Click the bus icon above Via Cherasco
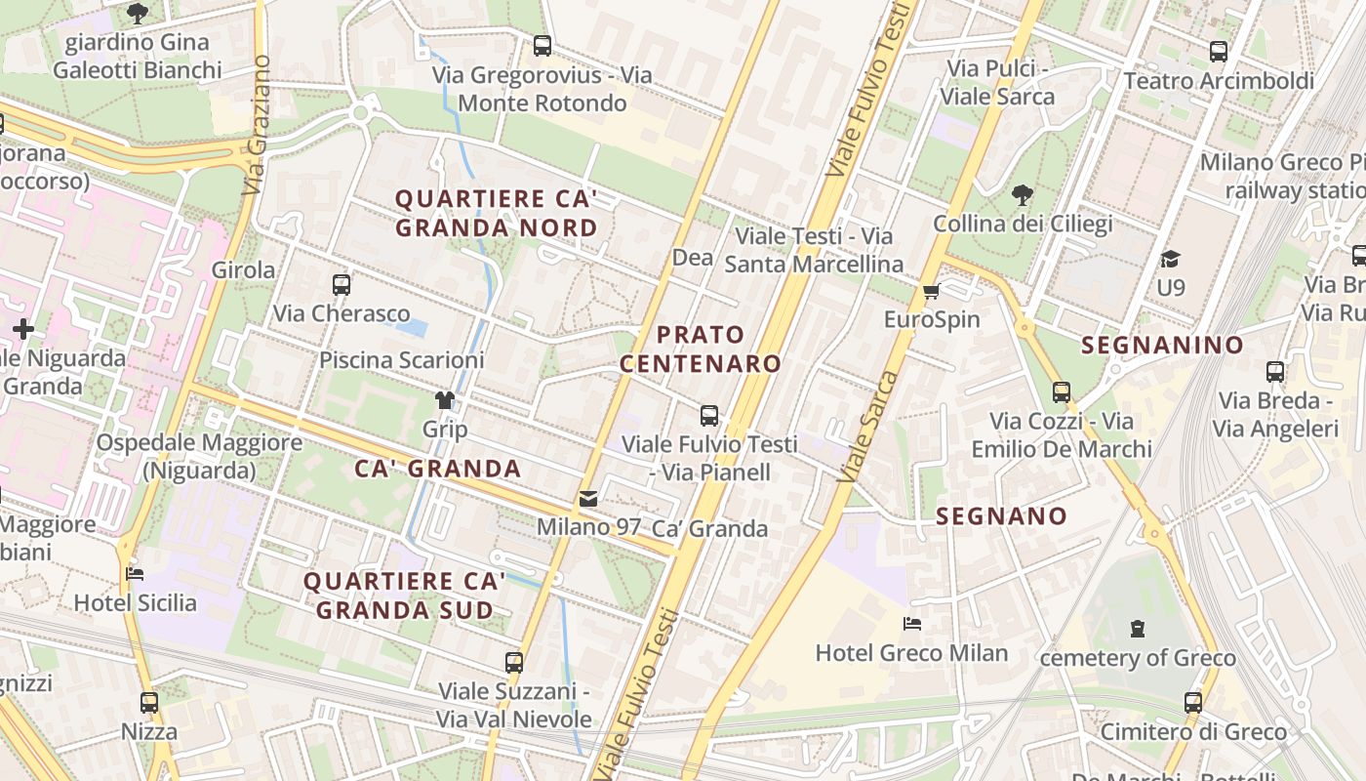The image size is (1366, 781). pos(341,285)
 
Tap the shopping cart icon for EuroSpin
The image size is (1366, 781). pos(931,291)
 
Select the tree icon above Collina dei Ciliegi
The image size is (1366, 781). pos(1023,195)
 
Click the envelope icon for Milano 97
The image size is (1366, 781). pos(588,499)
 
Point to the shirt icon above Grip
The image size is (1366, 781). pos(445,400)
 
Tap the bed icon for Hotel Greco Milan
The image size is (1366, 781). pos(911,624)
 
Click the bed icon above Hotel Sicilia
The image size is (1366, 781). pos(136,573)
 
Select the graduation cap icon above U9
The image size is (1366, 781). pos(1170,259)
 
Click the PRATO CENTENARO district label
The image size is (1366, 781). pos(701,349)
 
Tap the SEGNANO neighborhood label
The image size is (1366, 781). pos(1001,516)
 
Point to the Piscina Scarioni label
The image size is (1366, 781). pos(401,360)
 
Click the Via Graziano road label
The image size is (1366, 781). pos(257,124)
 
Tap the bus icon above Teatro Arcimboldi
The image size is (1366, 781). pos(1218,52)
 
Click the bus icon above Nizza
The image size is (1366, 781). pos(149,702)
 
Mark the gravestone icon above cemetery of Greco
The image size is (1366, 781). pos(1137,628)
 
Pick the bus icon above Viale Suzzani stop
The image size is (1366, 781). pos(514,662)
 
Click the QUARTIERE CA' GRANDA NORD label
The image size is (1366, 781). pos(496,213)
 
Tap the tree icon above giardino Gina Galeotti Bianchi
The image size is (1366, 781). pos(138,13)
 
